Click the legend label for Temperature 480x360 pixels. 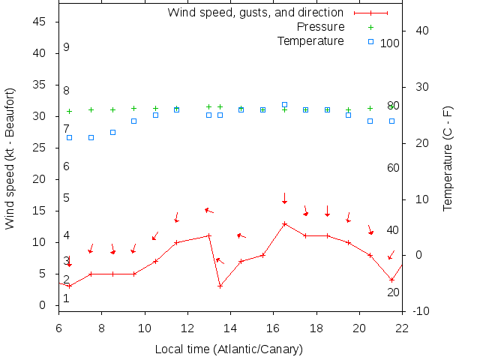310,41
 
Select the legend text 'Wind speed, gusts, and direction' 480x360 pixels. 255,13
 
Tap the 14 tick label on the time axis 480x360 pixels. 230,327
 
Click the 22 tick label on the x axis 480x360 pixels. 402,327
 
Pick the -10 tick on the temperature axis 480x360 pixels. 421,311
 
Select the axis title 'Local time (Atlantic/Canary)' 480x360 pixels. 229,349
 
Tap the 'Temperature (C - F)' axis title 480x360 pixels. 448,157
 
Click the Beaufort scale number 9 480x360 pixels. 66,47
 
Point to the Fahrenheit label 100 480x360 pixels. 390,43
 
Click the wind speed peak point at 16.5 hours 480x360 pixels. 284,223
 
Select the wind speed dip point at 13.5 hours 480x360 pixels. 220,286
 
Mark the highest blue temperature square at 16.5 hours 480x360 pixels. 284,105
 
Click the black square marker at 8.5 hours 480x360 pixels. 112,132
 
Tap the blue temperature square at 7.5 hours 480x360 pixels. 91,137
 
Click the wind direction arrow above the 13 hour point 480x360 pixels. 209,211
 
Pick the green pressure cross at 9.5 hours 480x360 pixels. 133,109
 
